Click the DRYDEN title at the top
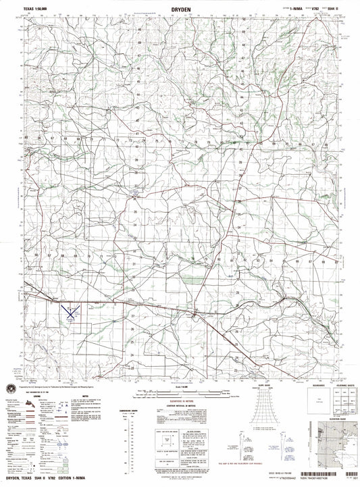click(x=180, y=9)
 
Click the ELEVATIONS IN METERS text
click(x=196, y=400)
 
